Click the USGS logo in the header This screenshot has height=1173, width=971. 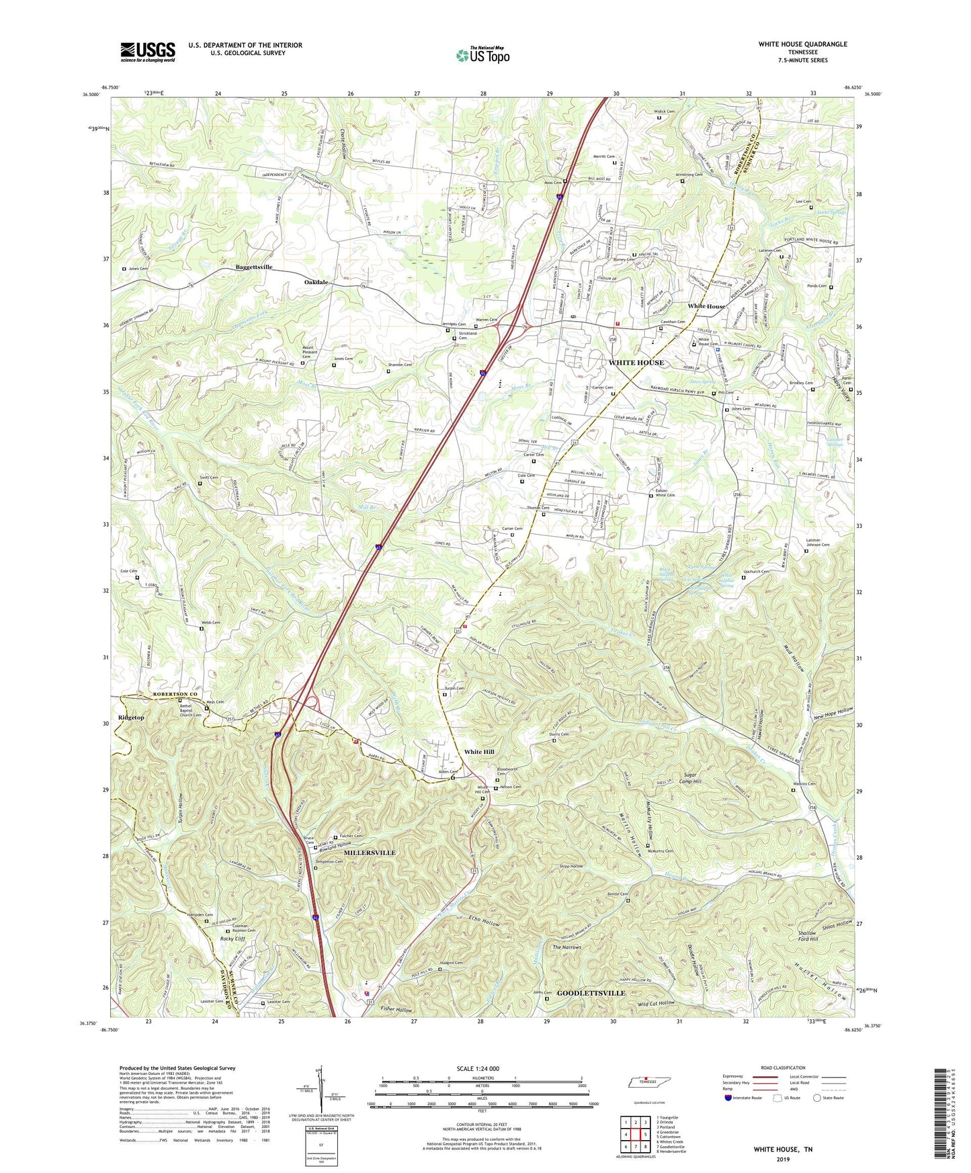click(x=148, y=51)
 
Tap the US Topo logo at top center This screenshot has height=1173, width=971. click(x=482, y=55)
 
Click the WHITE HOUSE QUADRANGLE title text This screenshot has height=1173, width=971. click(x=802, y=44)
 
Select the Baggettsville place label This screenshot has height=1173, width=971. click(x=254, y=267)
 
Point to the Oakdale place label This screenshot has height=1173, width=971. click(x=316, y=282)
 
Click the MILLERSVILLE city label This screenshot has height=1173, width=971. click(x=370, y=853)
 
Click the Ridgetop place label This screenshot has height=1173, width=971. click(x=131, y=718)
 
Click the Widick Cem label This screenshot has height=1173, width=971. click(x=661, y=112)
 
